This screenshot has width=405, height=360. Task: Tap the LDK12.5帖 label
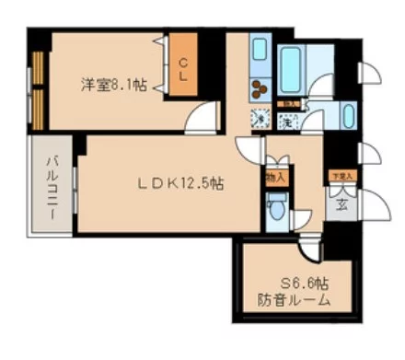(180, 183)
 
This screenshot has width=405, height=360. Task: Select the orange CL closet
(182, 69)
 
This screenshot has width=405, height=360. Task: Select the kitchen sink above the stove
(259, 53)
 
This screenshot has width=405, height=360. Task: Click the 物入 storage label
(274, 176)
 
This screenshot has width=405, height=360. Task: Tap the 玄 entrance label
(341, 204)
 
